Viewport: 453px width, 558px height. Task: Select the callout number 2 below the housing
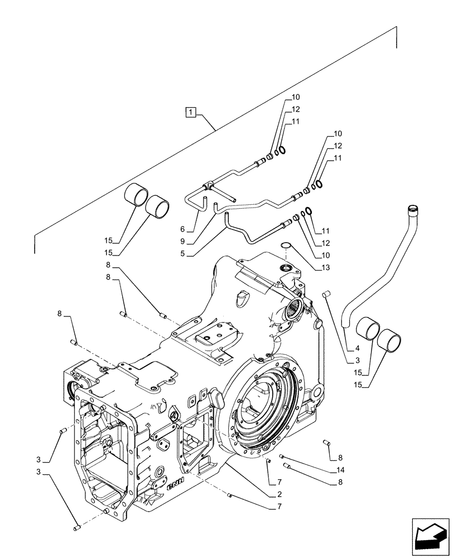(270, 495)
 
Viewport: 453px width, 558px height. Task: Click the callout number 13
(326, 268)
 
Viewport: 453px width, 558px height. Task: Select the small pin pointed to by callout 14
(282, 456)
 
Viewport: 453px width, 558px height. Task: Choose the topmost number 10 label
(296, 98)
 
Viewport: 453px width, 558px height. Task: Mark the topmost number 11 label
(296, 121)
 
